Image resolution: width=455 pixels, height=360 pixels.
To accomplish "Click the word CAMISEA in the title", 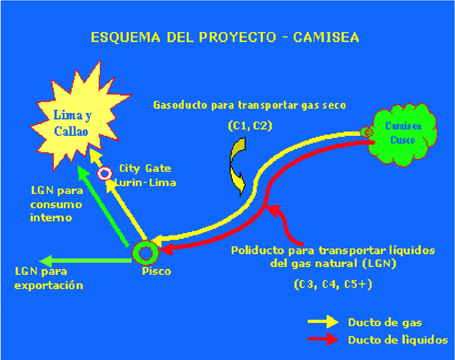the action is pyautogui.click(x=326, y=37).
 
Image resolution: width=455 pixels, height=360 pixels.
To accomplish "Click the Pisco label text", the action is pyautogui.click(x=156, y=272).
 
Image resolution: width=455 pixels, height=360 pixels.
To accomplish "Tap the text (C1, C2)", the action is pyautogui.click(x=250, y=126).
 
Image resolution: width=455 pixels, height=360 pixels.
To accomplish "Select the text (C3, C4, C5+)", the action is pyautogui.click(x=333, y=285).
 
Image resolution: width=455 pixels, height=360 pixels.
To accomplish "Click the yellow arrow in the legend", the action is pyautogui.click(x=323, y=321).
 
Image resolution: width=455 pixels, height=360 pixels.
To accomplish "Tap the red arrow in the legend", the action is pyautogui.click(x=323, y=339).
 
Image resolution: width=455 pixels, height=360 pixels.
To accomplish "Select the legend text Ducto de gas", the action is pyautogui.click(x=385, y=323).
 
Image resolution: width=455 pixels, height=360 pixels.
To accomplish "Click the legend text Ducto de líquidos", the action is pyautogui.click(x=398, y=340).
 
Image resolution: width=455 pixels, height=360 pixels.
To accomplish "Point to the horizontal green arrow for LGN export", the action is pyautogui.click(x=86, y=261).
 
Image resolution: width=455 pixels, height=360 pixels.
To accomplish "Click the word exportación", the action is pyautogui.click(x=49, y=286).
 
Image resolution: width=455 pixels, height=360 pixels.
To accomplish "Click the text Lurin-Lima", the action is pyautogui.click(x=146, y=183).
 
